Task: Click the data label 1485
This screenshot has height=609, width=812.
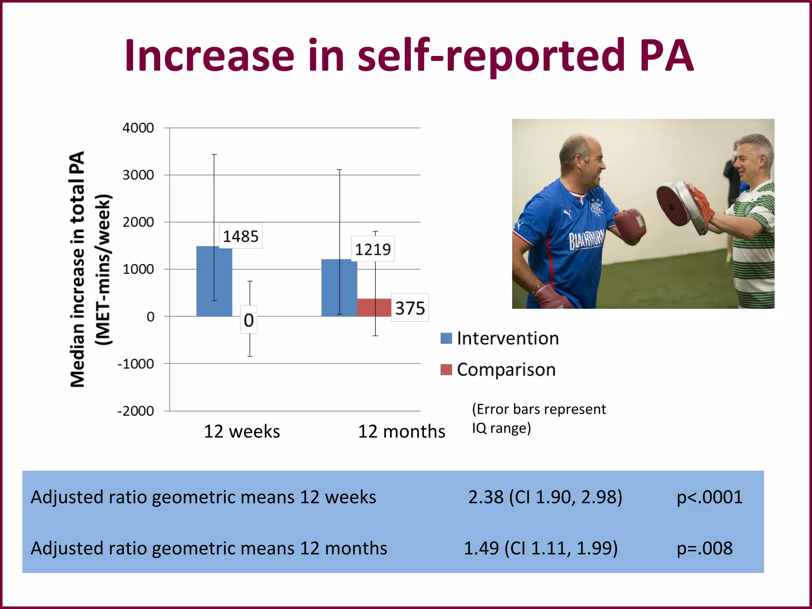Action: (240, 236)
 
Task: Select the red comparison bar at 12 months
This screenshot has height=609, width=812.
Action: (374, 308)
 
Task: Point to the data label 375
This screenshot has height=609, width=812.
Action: (410, 308)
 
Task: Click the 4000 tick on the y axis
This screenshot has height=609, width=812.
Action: (138, 128)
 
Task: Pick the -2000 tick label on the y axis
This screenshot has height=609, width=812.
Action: (136, 411)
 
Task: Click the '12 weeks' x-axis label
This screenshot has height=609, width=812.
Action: (241, 431)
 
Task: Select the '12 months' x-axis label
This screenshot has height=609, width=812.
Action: (401, 431)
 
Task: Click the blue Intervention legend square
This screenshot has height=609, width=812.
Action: (446, 338)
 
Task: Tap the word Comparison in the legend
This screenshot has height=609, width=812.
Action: (506, 370)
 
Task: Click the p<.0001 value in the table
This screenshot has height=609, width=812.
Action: (709, 497)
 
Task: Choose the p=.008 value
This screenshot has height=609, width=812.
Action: (704, 548)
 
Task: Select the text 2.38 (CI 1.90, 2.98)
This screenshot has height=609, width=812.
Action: (545, 497)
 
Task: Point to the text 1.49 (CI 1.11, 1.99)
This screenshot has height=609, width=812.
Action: (540, 548)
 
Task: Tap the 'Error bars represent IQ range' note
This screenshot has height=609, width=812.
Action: (538, 418)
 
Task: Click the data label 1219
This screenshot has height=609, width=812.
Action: (373, 249)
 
